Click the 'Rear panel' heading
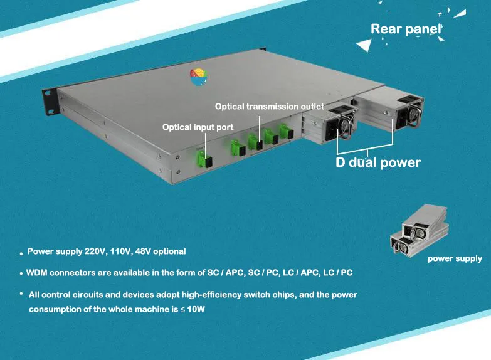tap(406, 29)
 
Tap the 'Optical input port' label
tap(198, 127)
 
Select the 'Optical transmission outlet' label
tap(269, 107)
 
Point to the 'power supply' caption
tap(455, 258)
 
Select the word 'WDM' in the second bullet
tap(37, 274)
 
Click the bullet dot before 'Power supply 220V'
tap(21, 253)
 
